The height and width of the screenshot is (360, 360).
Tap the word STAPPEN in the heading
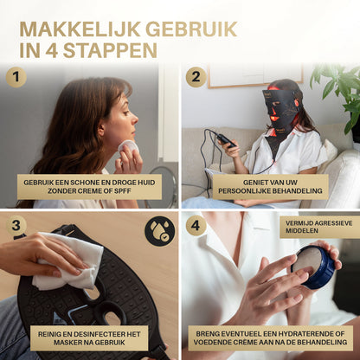110,50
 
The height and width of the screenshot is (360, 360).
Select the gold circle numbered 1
16,77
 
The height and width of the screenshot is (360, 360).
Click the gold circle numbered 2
196,77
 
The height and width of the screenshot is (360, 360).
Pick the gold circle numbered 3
16,225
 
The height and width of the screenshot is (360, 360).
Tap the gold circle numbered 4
196,225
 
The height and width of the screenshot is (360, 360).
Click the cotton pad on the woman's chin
128,147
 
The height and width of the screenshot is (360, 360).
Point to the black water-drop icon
159,231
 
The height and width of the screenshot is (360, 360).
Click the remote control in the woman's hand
227,140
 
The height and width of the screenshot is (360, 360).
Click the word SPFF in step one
123,191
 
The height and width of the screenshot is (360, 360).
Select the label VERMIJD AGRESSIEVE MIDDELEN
318,227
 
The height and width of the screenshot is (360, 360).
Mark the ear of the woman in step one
100,129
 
